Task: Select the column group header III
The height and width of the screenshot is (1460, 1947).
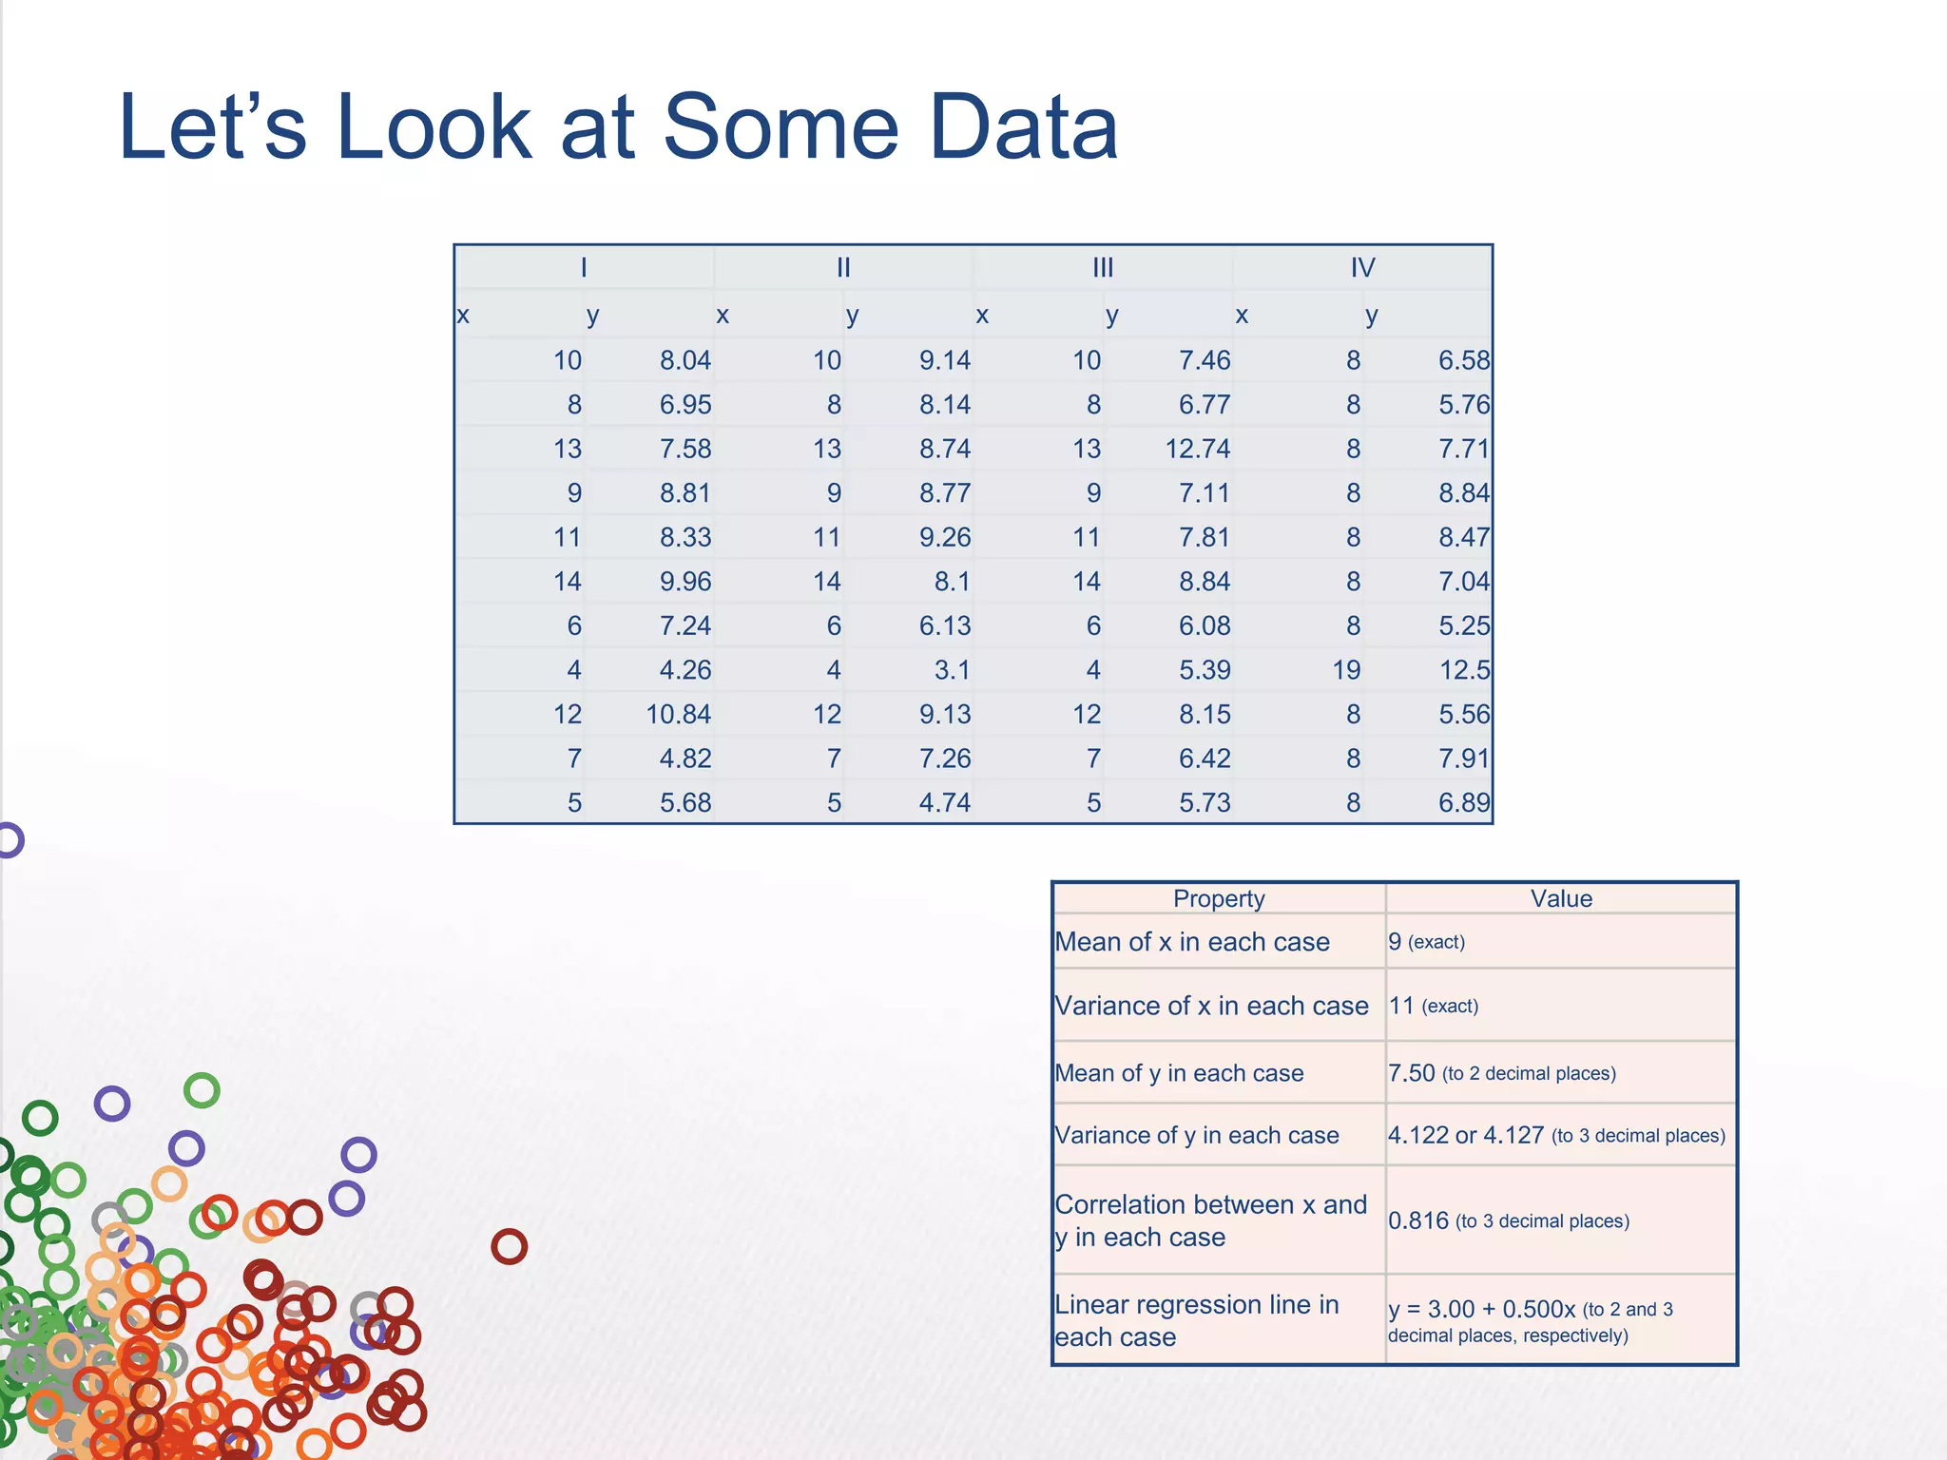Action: tap(1103, 268)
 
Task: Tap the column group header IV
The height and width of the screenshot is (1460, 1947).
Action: tap(1362, 268)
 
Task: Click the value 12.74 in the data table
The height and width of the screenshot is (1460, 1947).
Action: tap(1197, 449)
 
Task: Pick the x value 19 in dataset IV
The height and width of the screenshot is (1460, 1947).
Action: tap(1346, 670)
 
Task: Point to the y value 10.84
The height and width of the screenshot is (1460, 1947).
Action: tap(678, 715)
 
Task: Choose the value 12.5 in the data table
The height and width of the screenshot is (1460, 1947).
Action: tap(1464, 670)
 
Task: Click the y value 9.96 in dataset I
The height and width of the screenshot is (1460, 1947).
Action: tap(685, 582)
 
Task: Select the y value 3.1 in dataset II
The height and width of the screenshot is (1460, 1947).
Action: tap(952, 670)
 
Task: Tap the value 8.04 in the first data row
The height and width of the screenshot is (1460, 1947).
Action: tap(685, 360)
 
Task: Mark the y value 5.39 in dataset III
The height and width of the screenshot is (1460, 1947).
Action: tap(1205, 670)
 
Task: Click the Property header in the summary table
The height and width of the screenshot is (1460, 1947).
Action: tap(1219, 899)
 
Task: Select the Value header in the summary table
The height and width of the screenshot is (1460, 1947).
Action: tap(1561, 899)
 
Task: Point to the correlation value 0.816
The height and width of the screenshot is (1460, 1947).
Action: tap(1418, 1220)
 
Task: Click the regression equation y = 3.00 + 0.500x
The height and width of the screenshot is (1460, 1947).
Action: tap(1481, 1309)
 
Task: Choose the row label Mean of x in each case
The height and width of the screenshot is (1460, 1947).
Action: tap(1192, 942)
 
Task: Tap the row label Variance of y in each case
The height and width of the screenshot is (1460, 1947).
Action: tap(1197, 1135)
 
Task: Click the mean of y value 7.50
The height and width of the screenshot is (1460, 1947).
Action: tap(1412, 1073)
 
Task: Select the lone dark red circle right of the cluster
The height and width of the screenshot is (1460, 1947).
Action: tap(510, 1246)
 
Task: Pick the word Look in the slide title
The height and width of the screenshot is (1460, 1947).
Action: tap(434, 127)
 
